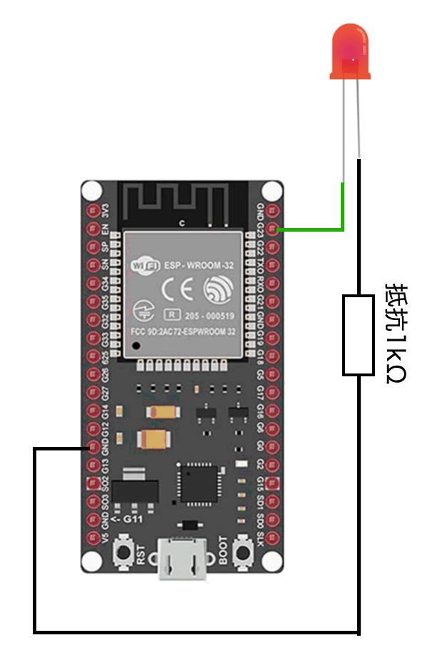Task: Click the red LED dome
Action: click(x=349, y=50)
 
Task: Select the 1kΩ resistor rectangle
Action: click(x=358, y=334)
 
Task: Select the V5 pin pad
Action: click(x=92, y=537)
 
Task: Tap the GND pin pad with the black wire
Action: click(x=92, y=448)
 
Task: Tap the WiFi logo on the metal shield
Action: click(x=143, y=265)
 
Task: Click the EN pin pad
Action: click(x=92, y=230)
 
